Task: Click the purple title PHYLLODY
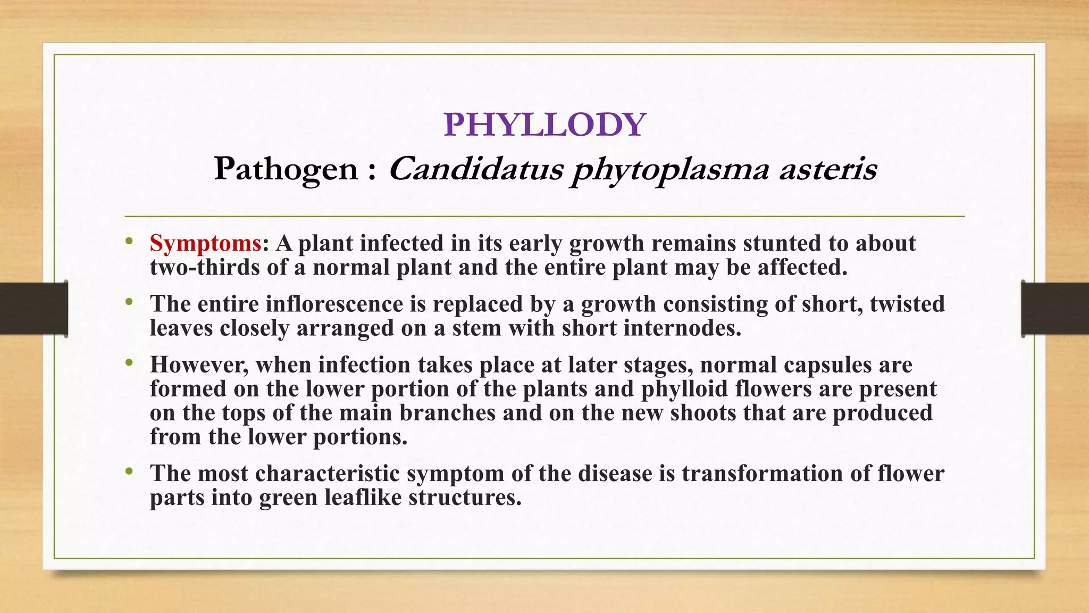coord(544,125)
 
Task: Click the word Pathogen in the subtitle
coord(286,170)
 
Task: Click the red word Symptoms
coord(205,244)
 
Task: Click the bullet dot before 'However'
coord(129,363)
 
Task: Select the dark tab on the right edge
coord(1055,309)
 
